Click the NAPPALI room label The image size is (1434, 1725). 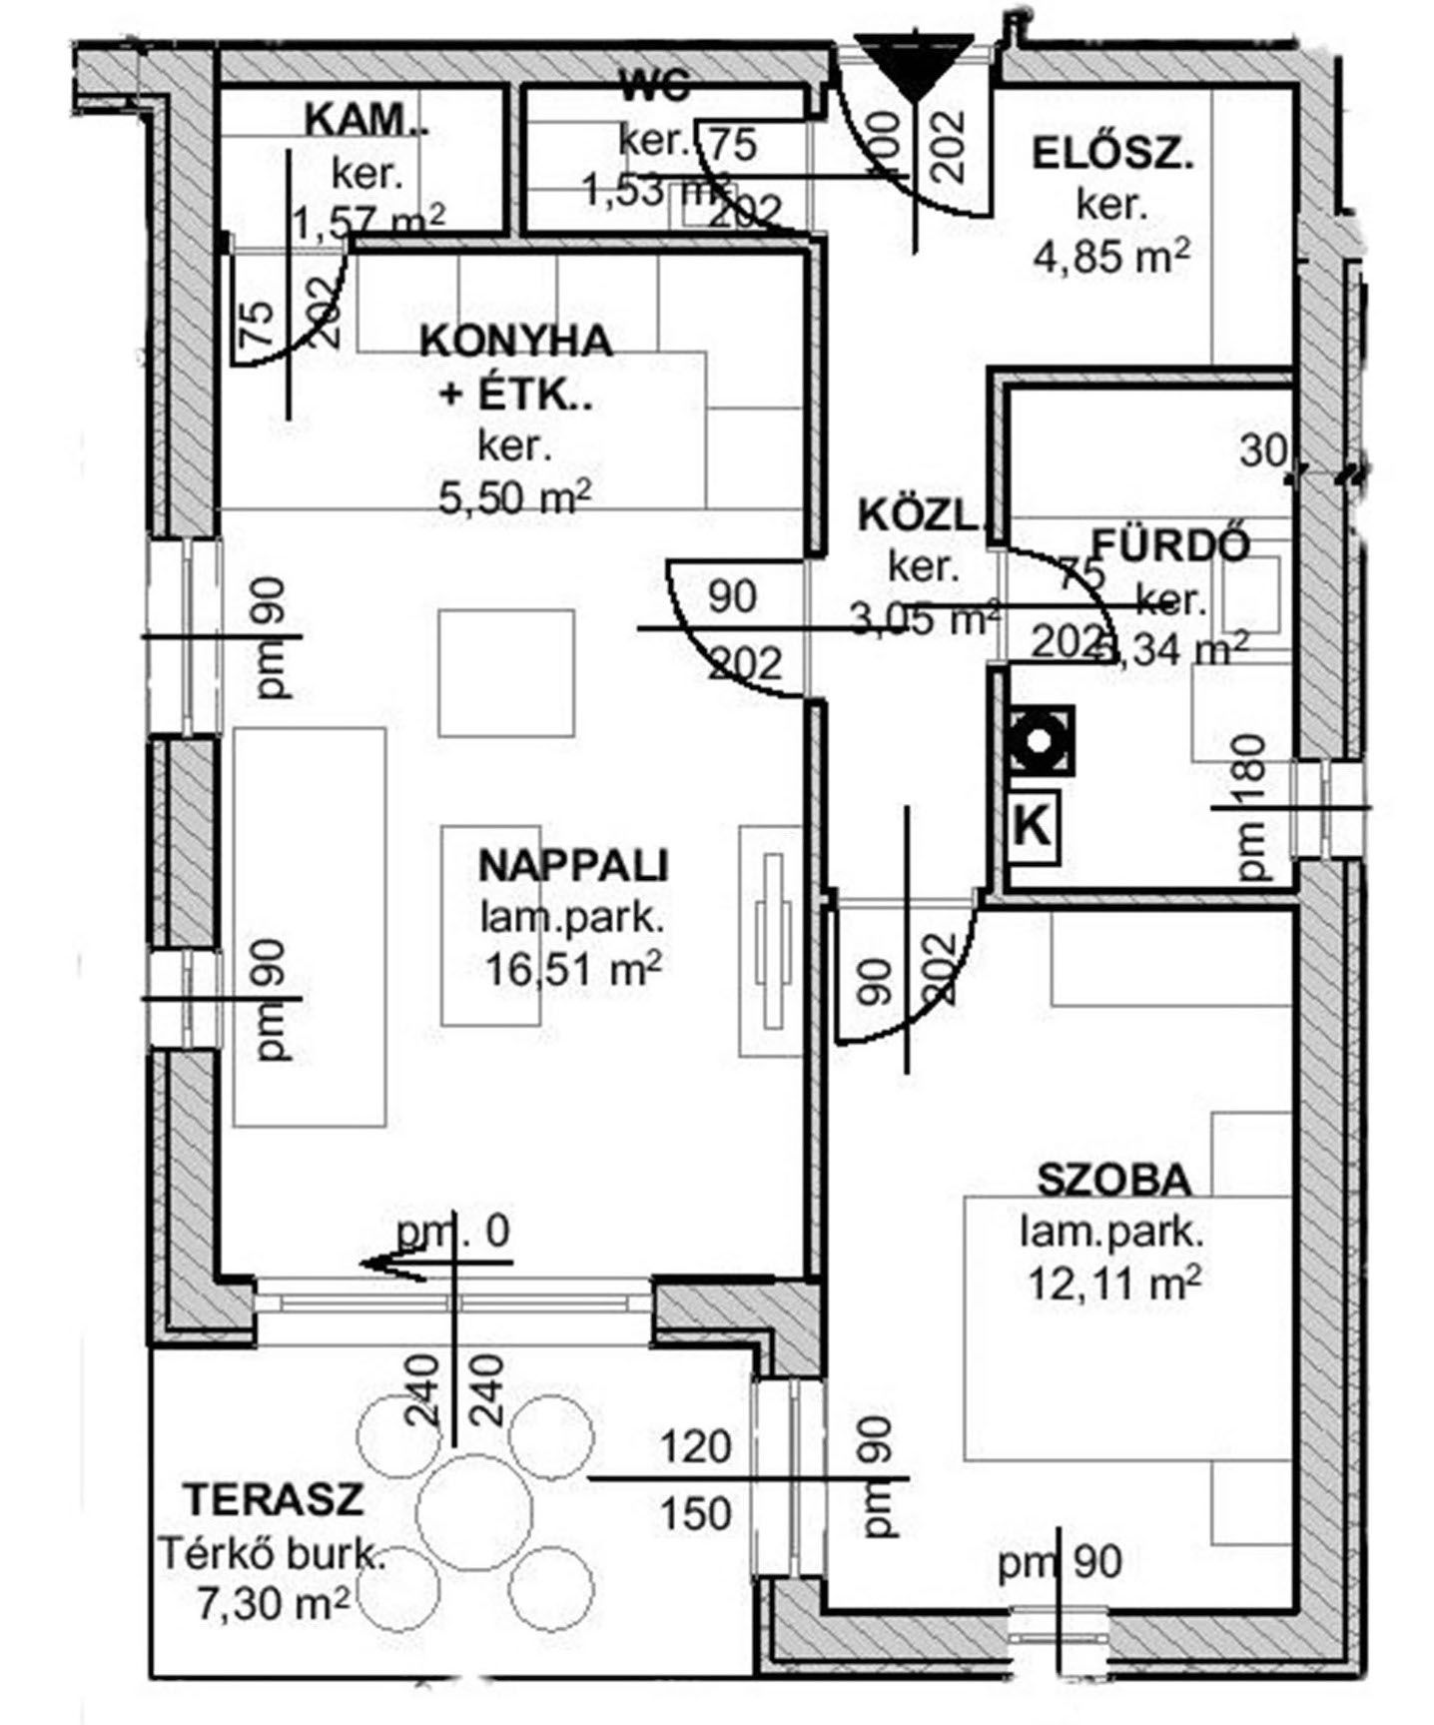click(x=573, y=865)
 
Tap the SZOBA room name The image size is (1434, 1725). click(x=1114, y=1181)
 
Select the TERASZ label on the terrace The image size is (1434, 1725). click(x=273, y=1500)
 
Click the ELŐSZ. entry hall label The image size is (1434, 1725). click(x=1112, y=156)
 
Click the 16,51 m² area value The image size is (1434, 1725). click(x=573, y=969)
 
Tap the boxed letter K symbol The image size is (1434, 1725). click(x=1034, y=826)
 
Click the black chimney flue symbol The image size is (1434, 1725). click(x=1041, y=741)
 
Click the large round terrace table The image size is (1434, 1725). click(x=473, y=1509)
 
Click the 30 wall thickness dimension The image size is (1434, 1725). click(x=1264, y=451)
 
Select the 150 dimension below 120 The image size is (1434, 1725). click(x=695, y=1513)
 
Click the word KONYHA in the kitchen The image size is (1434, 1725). click(x=515, y=342)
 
